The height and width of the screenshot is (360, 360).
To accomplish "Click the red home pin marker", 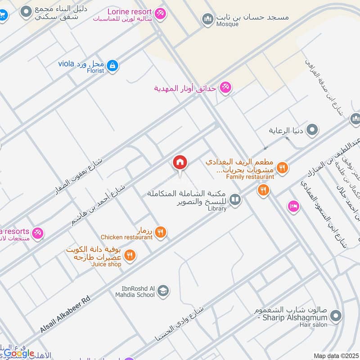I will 180,162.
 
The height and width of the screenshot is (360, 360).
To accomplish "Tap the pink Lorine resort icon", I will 159,14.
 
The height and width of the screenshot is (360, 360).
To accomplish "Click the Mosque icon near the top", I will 207,19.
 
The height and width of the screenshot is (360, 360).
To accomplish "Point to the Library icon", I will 235,199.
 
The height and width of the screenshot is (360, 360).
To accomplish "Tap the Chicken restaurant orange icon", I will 161,232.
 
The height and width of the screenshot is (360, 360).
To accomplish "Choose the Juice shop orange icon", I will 130,256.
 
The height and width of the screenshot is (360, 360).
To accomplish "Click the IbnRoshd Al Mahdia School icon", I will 164,291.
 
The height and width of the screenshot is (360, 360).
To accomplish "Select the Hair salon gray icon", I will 335,317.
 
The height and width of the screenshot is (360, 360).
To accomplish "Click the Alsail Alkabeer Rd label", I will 63,310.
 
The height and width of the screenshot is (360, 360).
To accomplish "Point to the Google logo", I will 19,353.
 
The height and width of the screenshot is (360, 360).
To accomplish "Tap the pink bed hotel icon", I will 293,206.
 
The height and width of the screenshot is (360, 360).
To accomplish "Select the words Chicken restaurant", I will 126,237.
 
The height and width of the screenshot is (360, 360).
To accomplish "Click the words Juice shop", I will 106,264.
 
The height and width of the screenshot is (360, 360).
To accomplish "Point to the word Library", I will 217,209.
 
